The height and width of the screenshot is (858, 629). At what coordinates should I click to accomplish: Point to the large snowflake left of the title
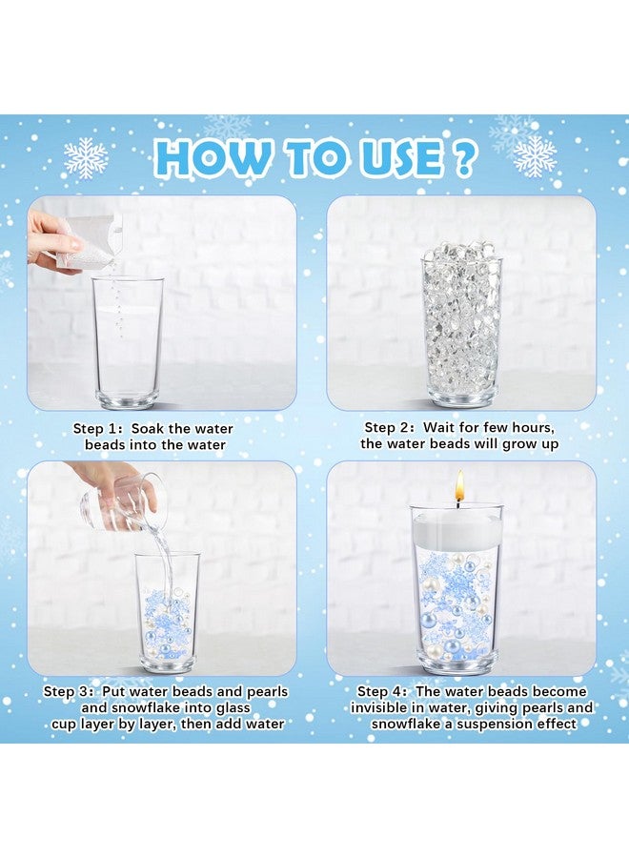[86, 157]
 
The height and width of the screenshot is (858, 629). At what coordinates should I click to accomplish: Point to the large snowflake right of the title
[535, 155]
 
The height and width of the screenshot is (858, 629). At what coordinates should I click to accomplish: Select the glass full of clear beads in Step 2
[461, 324]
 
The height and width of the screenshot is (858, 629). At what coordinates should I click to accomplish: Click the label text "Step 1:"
[99, 429]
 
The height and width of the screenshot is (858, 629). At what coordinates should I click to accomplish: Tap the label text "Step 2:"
[390, 428]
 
